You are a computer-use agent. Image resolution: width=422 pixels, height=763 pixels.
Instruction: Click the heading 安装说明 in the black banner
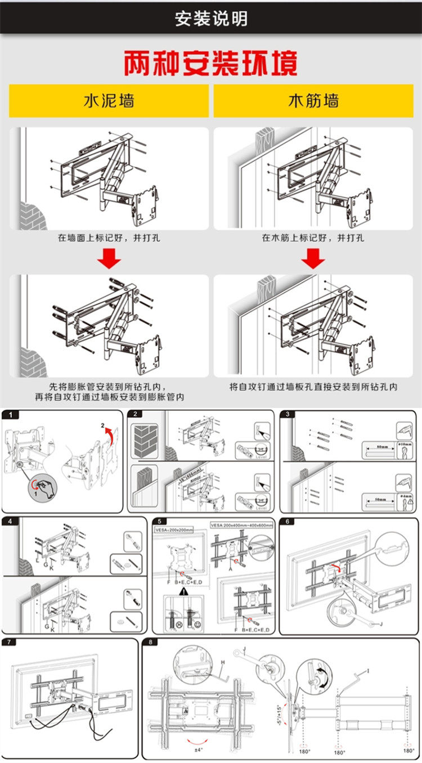coord(211,19)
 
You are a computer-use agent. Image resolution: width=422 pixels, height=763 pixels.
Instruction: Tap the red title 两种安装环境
coord(210,64)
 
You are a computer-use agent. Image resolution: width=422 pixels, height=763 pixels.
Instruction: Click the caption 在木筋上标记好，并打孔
coord(313,238)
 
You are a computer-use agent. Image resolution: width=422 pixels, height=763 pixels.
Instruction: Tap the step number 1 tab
coord(11,415)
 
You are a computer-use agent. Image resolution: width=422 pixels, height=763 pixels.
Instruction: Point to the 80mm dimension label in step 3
coord(383,447)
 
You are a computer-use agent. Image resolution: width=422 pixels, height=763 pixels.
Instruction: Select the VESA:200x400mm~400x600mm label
coord(241,525)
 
